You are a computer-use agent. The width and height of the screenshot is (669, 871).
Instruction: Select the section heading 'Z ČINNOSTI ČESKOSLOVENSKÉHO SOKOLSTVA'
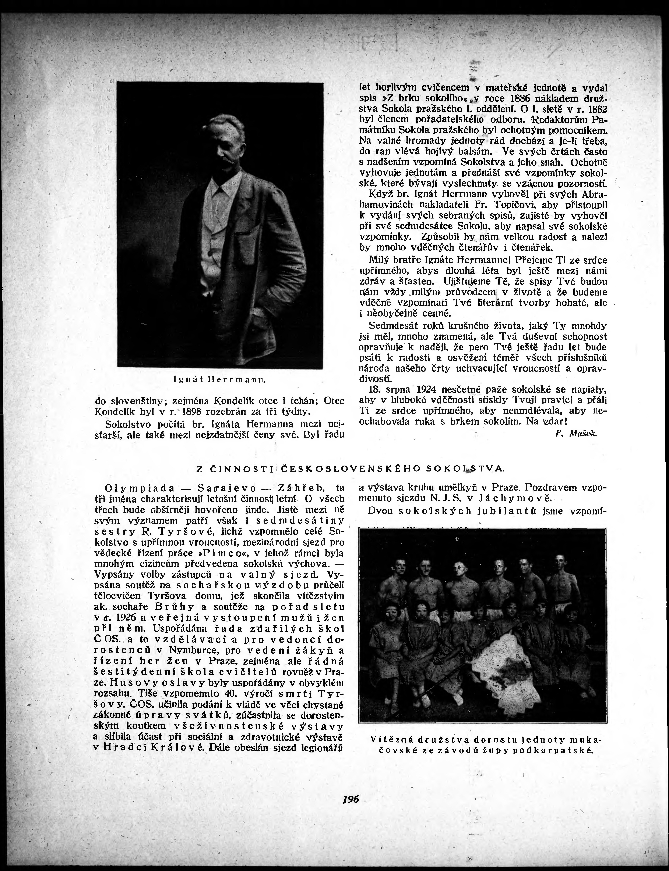point(350,469)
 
